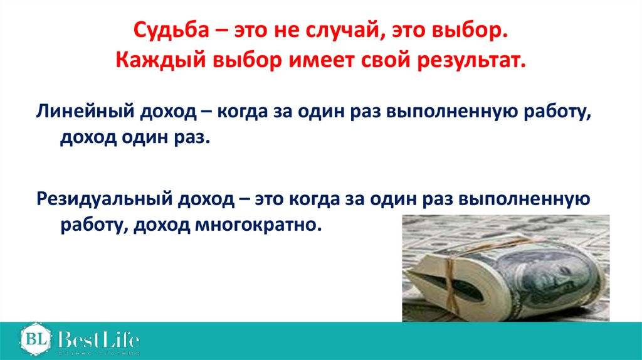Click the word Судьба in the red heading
tap(171, 31)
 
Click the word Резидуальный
tap(103, 199)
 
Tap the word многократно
tap(256, 225)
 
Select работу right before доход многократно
tap(95, 225)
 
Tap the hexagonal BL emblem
tap(36, 339)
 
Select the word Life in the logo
tap(123, 340)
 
